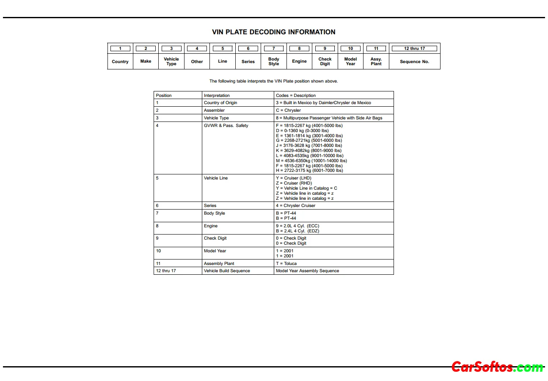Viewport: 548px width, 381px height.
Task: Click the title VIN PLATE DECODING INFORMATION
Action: pos(273,32)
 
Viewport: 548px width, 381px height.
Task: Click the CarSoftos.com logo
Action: pos(497,367)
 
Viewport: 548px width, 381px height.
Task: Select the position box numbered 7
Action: pos(274,48)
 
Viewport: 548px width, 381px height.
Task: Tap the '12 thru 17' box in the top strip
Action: pos(414,48)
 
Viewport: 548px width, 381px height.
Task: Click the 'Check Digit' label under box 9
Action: pos(325,62)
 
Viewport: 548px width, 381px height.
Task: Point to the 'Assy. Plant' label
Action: pos(376,62)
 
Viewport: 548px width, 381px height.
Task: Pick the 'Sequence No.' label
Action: pos(414,62)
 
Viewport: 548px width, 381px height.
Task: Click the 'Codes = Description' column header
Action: pos(296,96)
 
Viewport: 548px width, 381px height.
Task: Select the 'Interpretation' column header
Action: pos(217,96)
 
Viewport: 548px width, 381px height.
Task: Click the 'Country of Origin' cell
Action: pos(220,103)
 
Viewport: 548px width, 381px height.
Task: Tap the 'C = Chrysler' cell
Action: pos(288,110)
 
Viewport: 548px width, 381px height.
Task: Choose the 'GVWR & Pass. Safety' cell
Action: pos(226,126)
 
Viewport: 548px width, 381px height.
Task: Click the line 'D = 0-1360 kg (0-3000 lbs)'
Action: pos(302,131)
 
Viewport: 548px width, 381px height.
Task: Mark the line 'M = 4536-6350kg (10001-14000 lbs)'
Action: pos(311,161)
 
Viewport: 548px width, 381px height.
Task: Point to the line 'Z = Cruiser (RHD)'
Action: pos(294,183)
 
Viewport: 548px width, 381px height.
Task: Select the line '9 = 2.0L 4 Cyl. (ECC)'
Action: pos(297,226)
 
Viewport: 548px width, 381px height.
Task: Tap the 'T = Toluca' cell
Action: pos(286,264)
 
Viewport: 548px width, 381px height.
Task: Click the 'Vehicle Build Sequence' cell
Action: pos(227,271)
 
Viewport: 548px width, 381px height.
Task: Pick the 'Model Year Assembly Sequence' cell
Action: pos(307,271)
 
